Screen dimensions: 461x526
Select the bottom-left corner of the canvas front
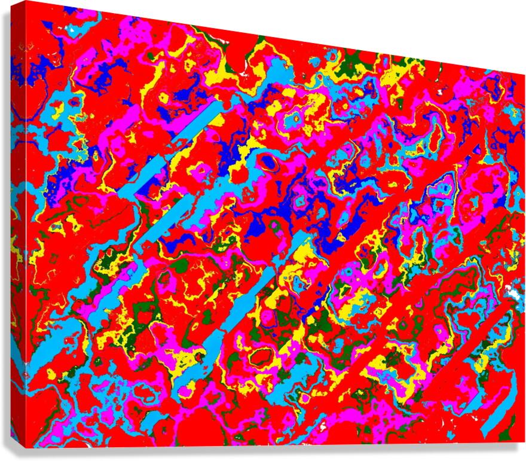26,447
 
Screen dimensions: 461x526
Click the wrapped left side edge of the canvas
17,227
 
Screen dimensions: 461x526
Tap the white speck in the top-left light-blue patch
72,28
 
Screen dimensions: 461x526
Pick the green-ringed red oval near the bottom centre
261,357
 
